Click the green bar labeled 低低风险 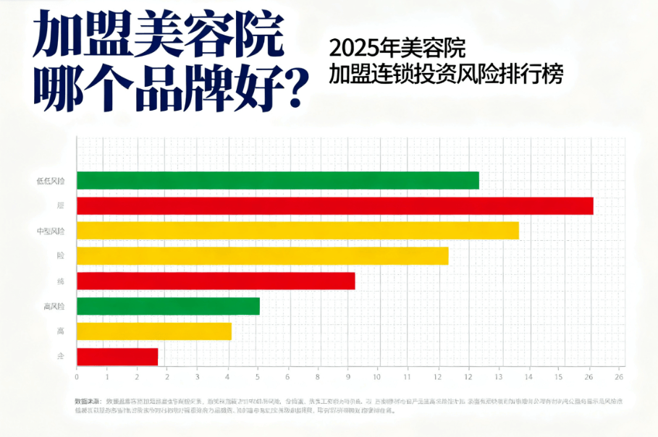tap(277, 180)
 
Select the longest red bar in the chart tap(334, 206)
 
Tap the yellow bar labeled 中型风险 tap(298, 231)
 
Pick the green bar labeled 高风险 tap(168, 306)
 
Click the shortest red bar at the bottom tap(117, 357)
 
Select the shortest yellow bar tap(153, 331)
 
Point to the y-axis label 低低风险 tap(50, 181)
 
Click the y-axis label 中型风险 tap(50, 232)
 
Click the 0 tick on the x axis tap(77, 377)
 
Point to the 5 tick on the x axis tap(258, 377)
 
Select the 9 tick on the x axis tap(348, 377)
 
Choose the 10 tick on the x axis tap(378, 377)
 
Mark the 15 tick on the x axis tap(559, 377)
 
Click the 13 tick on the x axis tap(499, 377)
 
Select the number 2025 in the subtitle tap(350, 48)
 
